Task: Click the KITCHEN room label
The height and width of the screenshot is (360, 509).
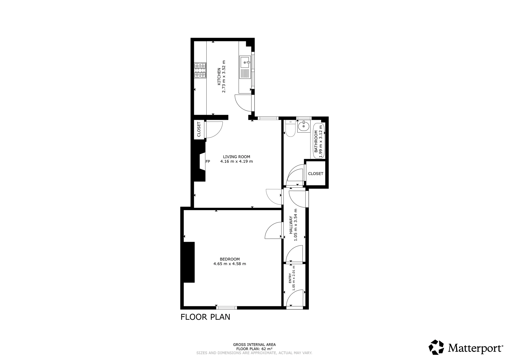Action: tap(219, 76)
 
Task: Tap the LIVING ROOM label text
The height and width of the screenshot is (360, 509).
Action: tap(236, 157)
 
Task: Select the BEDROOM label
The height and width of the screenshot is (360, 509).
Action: tap(230, 259)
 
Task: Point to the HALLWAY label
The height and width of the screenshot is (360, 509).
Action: tap(291, 225)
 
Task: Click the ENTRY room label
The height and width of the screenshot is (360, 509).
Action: tap(290, 278)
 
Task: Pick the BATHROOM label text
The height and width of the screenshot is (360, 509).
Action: tap(316, 141)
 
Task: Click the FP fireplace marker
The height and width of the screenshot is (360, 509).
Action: tap(208, 161)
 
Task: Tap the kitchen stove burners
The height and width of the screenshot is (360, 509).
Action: tap(200, 70)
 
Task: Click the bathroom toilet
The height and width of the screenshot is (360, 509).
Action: tap(290, 129)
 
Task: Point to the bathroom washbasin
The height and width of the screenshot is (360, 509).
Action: tap(304, 126)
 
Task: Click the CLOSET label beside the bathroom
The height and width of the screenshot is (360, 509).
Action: tap(316, 174)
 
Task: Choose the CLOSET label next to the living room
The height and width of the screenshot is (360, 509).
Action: tap(199, 129)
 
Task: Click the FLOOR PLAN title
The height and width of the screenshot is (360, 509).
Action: tap(205, 317)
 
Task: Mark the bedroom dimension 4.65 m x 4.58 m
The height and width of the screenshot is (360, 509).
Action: tap(230, 264)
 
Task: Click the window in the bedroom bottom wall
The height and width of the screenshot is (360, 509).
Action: tap(227, 308)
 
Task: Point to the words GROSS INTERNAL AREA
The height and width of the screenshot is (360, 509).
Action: tap(254, 345)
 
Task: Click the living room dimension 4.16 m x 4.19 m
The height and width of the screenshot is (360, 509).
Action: tap(236, 161)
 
